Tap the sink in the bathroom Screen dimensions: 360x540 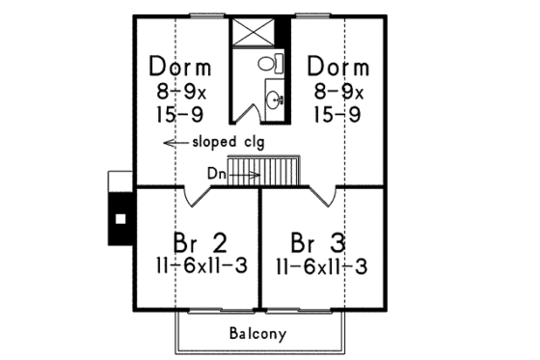(275, 97)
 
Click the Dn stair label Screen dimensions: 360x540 (217, 174)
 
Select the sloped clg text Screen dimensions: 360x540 (227, 143)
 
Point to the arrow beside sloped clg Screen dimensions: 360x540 (175, 143)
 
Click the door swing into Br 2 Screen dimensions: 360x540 (201, 196)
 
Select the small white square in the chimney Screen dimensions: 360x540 (121, 218)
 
